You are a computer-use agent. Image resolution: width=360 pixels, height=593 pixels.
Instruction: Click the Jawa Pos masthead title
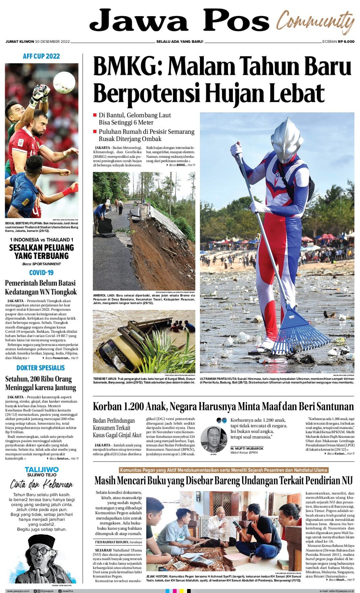click(x=179, y=21)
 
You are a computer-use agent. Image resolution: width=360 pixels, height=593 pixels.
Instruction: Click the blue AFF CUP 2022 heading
click(x=41, y=56)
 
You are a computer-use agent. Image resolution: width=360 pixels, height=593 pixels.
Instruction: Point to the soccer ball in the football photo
click(x=64, y=82)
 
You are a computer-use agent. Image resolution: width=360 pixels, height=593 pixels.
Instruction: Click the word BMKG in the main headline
click(x=128, y=66)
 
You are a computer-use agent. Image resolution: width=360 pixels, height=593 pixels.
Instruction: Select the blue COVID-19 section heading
click(x=41, y=273)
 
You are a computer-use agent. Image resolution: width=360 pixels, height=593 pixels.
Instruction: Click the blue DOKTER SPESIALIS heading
click(x=40, y=368)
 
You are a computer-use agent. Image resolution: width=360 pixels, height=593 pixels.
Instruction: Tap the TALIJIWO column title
click(x=41, y=469)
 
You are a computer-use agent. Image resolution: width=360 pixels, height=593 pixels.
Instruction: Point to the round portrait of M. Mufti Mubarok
click(x=213, y=439)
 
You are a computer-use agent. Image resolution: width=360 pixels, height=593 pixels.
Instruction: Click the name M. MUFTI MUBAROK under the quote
click(x=247, y=448)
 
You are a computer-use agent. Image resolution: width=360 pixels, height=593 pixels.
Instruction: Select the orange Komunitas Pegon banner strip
click(x=223, y=470)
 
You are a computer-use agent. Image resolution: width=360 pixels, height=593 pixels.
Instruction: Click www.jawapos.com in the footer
click(x=18, y=591)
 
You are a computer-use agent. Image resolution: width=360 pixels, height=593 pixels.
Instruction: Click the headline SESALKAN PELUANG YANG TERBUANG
click(x=41, y=251)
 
